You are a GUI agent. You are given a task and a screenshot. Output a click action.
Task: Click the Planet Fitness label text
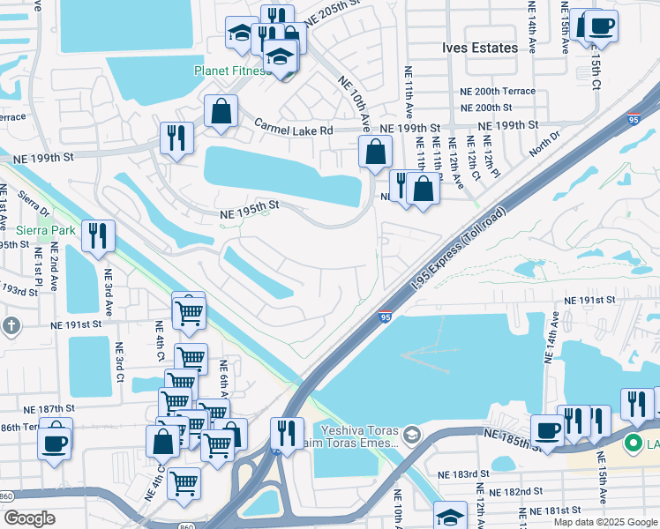point(233,71)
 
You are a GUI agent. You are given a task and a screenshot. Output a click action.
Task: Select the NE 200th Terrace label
point(497,92)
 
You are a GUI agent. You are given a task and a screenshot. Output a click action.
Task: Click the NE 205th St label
point(334,18)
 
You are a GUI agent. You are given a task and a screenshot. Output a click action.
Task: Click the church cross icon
point(11,325)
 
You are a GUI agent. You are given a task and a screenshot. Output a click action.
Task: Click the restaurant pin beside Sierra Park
point(97,235)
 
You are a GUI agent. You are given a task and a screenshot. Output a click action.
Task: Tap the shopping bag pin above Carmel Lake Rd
point(221,112)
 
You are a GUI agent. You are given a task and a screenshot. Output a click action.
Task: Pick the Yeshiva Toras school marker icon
point(410,436)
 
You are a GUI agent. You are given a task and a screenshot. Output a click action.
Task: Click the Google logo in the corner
point(29,518)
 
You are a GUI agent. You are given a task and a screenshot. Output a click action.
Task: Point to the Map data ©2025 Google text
point(604,522)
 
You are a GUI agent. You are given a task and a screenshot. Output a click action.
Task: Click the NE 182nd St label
point(518,491)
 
